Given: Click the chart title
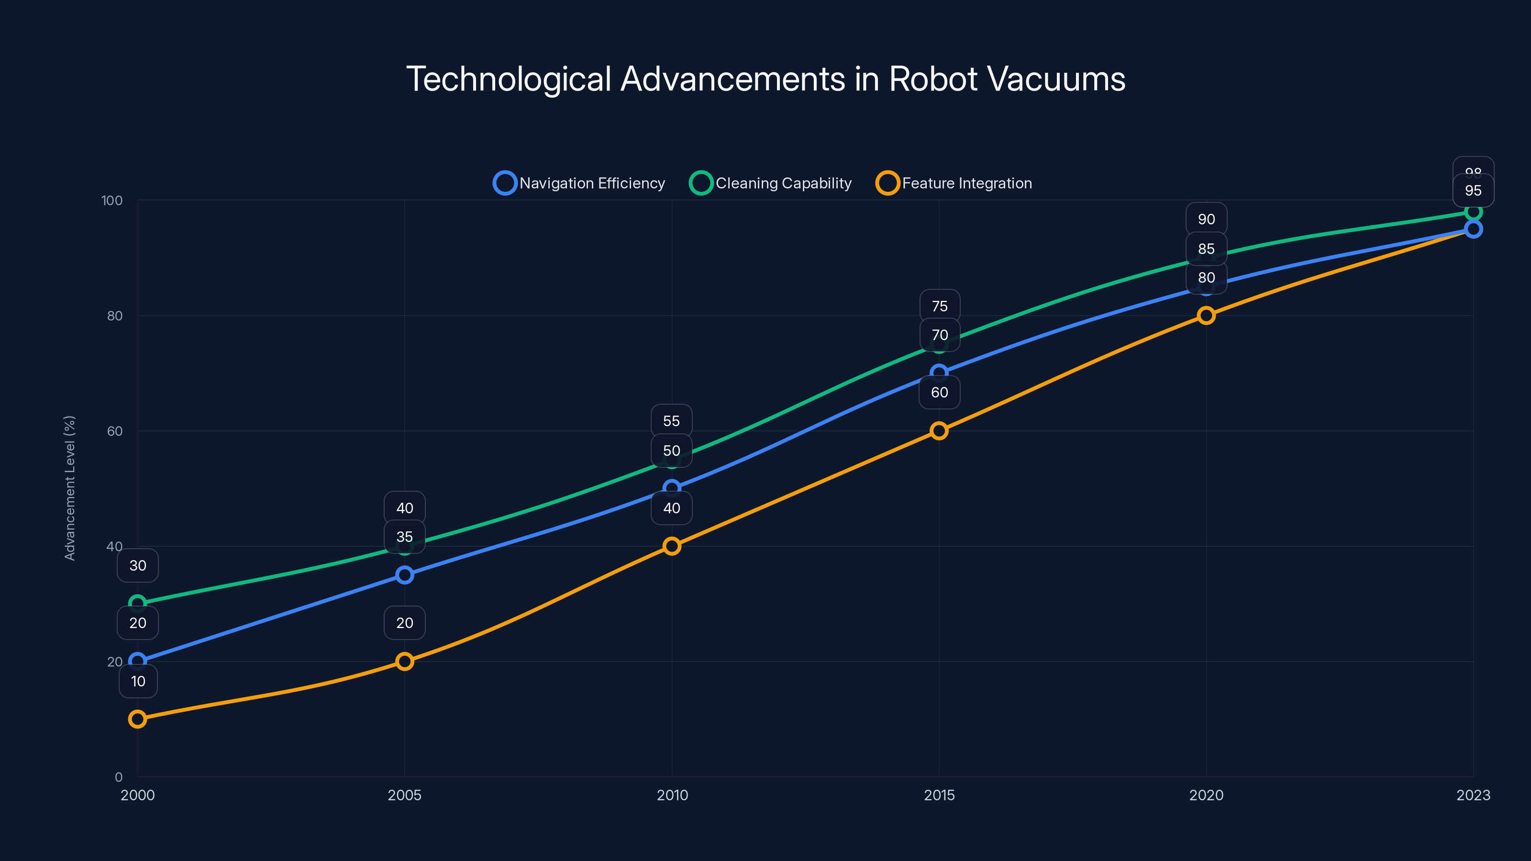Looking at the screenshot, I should click(x=765, y=79).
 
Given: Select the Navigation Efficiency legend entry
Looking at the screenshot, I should click(x=579, y=183).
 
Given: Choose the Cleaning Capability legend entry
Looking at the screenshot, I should click(x=771, y=183).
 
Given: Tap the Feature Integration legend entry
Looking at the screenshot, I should click(x=954, y=183).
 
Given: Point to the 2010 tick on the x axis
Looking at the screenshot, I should click(x=672, y=795).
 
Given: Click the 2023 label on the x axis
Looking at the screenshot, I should click(x=1473, y=795).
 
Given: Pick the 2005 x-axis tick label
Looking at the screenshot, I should click(x=404, y=795).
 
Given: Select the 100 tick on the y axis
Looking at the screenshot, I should click(x=112, y=200).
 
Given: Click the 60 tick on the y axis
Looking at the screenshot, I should click(x=115, y=431).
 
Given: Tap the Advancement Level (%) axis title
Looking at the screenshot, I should click(x=69, y=488).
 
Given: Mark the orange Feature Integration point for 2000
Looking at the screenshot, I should click(x=137, y=719).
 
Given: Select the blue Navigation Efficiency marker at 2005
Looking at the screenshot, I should click(x=405, y=574).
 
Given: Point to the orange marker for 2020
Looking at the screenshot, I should click(x=1206, y=316).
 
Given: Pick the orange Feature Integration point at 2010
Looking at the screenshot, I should click(x=672, y=546).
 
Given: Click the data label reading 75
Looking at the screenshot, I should click(x=940, y=306).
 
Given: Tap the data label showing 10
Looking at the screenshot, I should click(x=138, y=681).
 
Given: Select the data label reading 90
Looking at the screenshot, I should click(x=1206, y=219).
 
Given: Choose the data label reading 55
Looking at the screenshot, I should click(x=672, y=421).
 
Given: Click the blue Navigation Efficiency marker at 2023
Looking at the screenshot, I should click(x=1473, y=230).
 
